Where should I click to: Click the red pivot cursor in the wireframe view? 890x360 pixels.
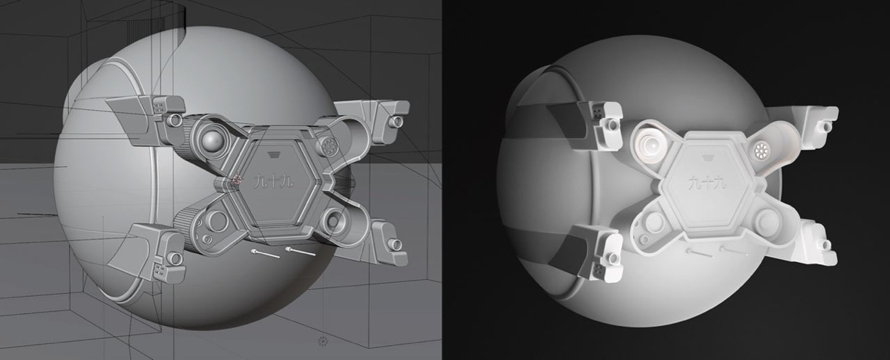(237, 180)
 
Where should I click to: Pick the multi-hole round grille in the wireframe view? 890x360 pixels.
(327, 146)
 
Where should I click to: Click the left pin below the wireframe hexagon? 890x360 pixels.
(264, 253)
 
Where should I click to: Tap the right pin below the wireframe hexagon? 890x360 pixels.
(300, 250)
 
